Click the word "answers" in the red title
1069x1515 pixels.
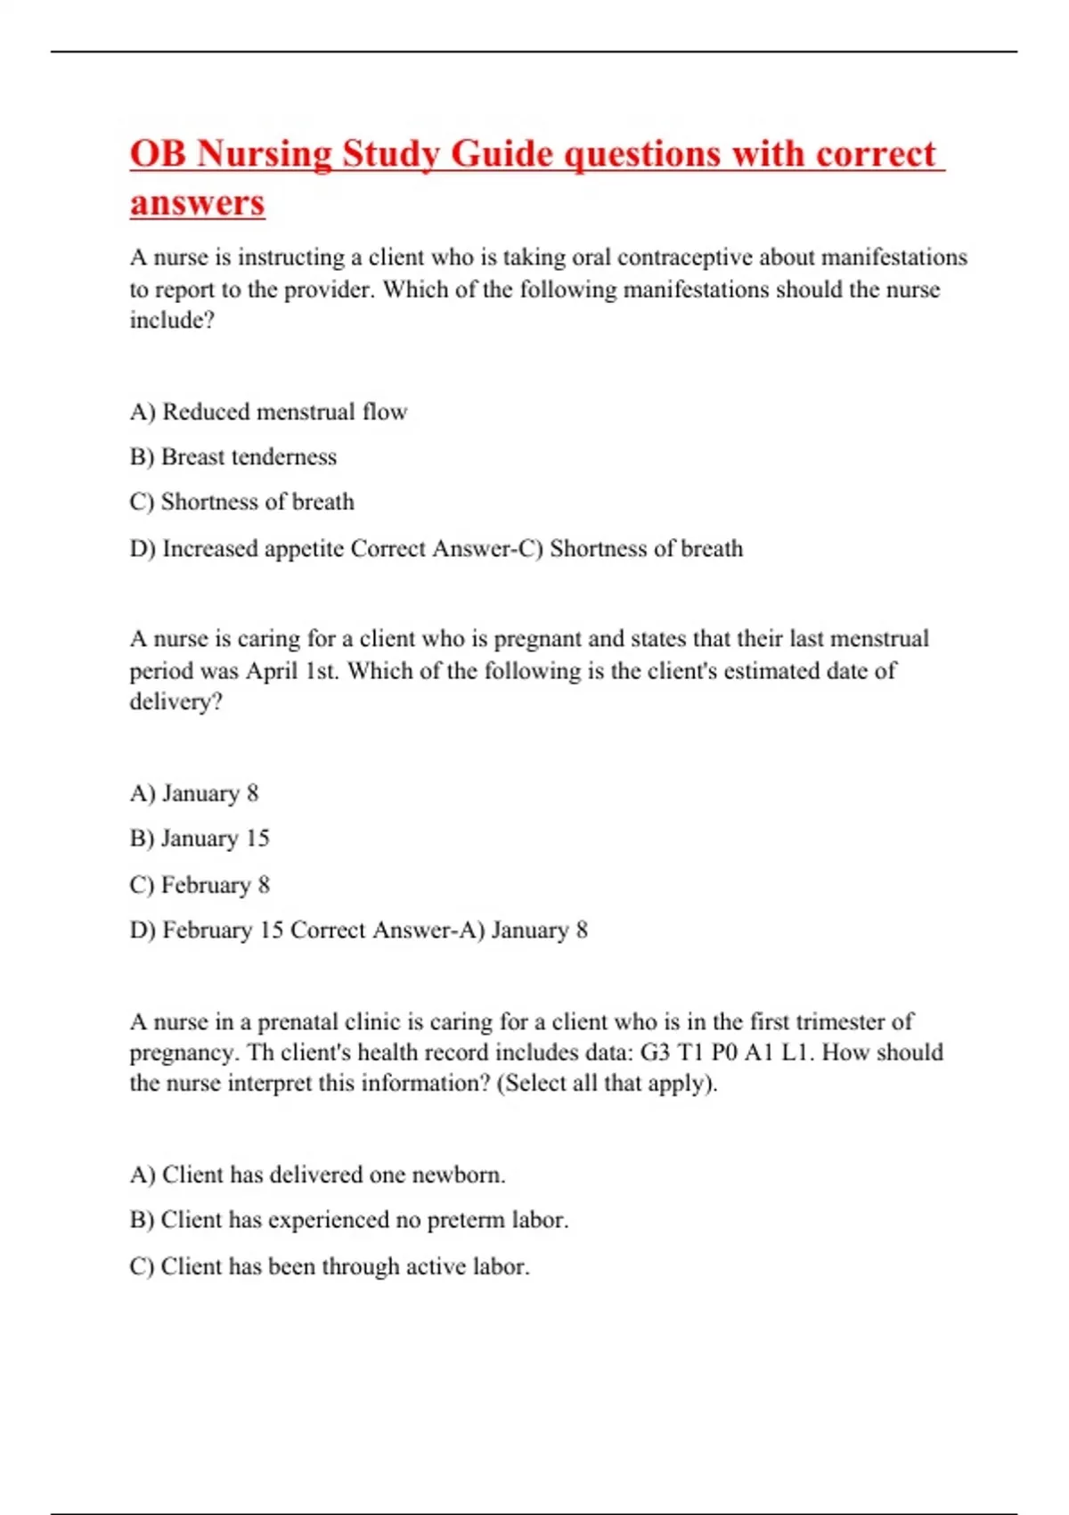pos(197,202)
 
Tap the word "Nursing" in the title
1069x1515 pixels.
pos(263,154)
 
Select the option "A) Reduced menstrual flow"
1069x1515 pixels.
pos(268,412)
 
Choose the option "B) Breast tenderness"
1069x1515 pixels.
pos(233,457)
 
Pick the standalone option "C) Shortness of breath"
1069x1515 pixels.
pos(241,503)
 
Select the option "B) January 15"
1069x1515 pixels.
pos(200,839)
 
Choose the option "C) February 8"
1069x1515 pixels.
pos(200,885)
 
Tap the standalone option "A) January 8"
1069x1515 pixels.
pos(194,793)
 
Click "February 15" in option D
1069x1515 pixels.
pos(223,930)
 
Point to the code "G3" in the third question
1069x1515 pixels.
pos(656,1052)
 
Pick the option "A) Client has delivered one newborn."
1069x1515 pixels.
pos(317,1175)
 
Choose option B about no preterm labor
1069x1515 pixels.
pos(348,1220)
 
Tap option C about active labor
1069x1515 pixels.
pos(330,1266)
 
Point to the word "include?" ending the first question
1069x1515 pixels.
pos(172,321)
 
